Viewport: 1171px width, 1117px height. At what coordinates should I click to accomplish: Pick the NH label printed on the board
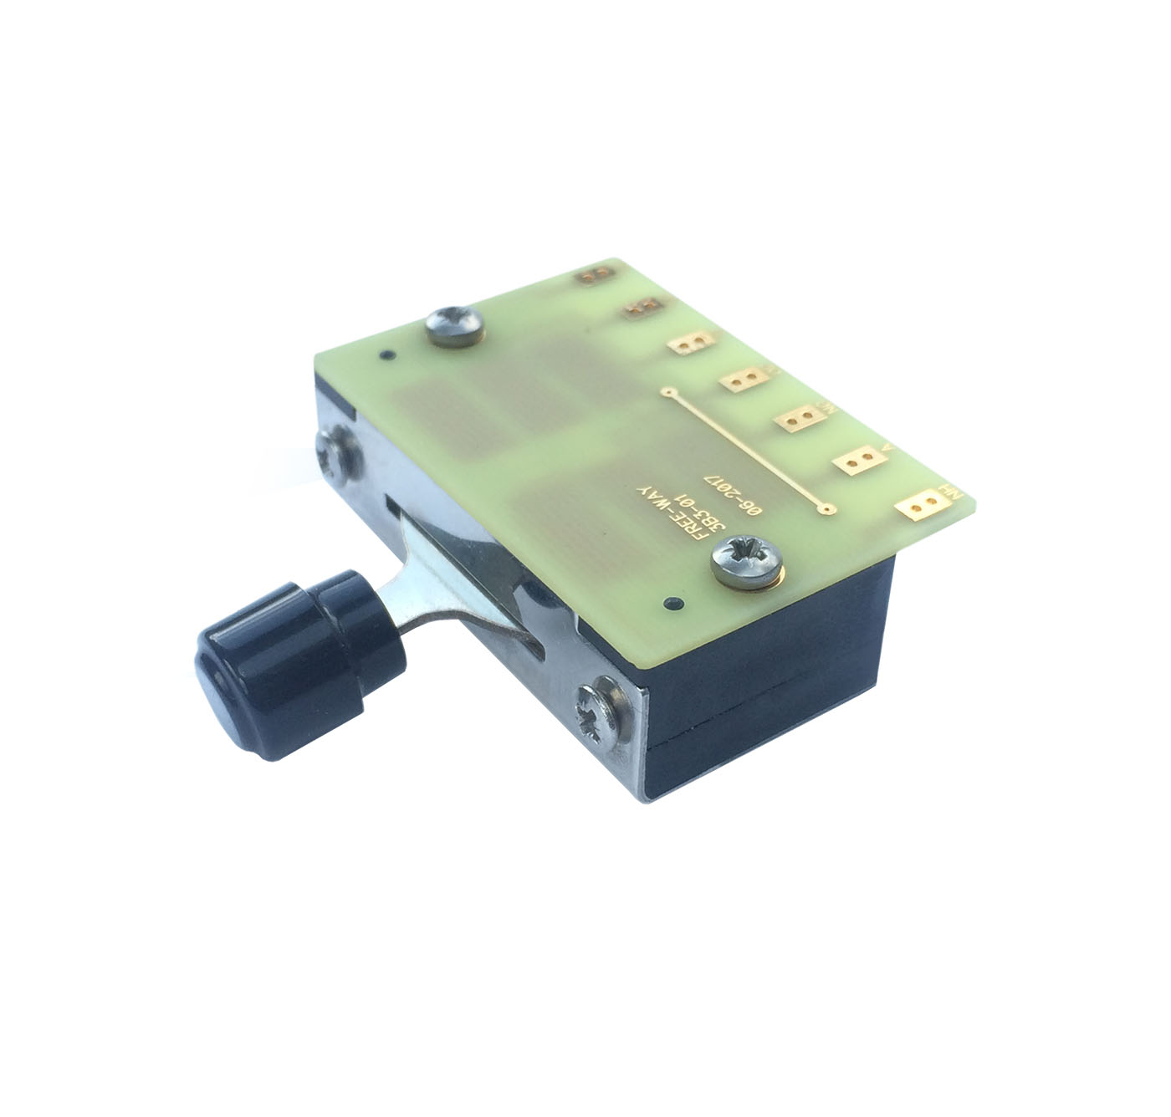(x=948, y=492)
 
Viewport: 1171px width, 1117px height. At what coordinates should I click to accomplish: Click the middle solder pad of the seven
(x=744, y=380)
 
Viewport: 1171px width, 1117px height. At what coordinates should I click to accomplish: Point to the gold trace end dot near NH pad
(x=826, y=507)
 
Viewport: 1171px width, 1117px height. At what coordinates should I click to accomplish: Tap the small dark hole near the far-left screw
(x=386, y=355)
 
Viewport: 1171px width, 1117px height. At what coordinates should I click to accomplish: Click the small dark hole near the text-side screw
(x=668, y=602)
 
